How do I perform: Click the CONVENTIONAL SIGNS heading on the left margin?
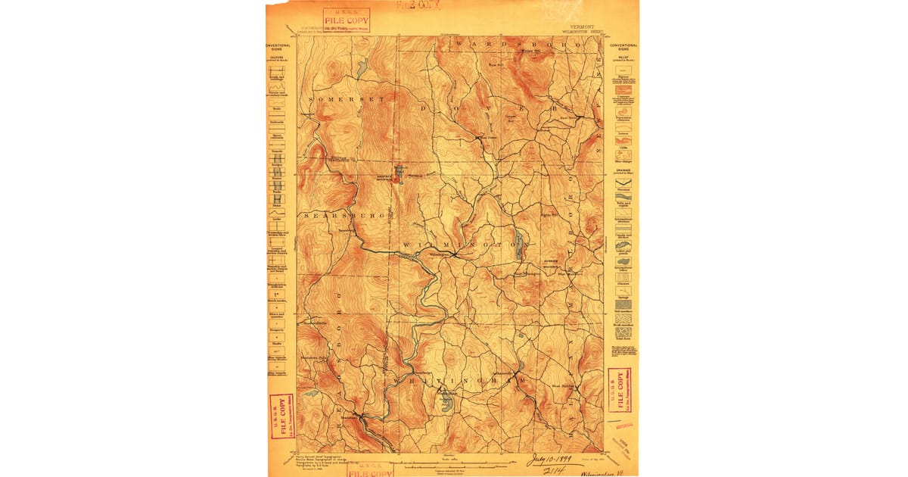278,47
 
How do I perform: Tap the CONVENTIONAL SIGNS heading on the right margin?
624,47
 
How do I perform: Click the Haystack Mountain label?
400,175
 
